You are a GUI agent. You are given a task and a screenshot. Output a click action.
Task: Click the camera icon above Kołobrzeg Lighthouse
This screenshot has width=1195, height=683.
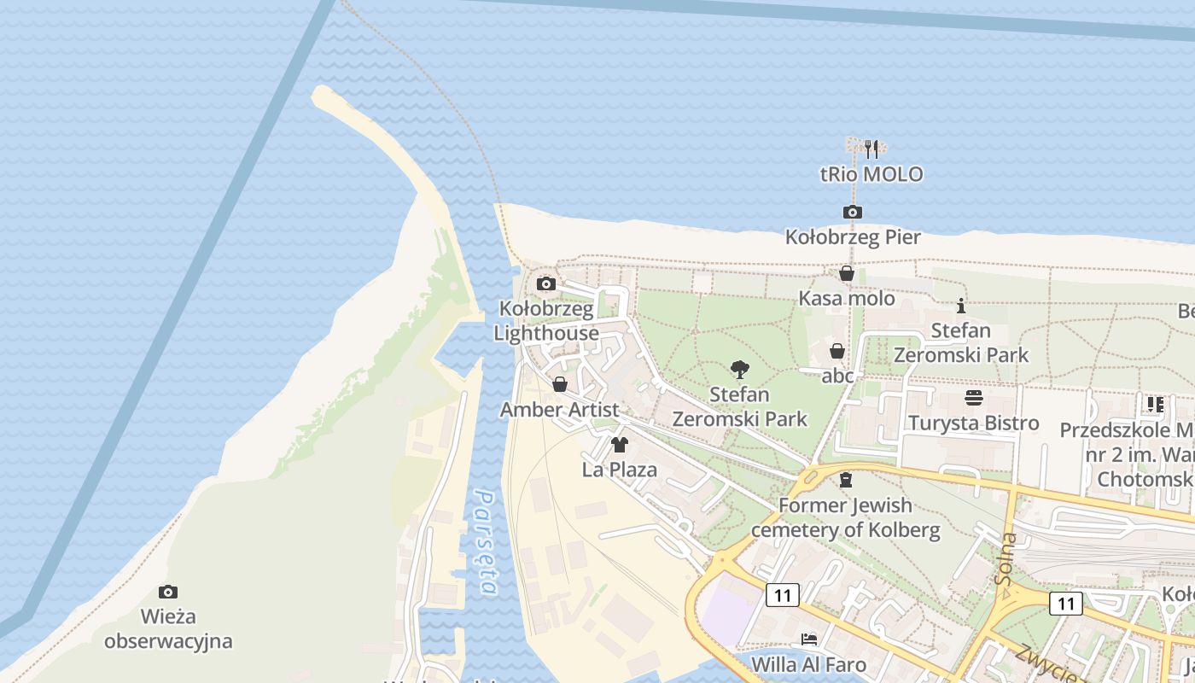(546, 283)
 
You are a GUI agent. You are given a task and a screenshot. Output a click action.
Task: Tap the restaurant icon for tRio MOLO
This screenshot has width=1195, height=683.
(871, 149)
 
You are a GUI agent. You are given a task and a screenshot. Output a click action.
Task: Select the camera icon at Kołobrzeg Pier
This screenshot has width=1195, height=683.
(852, 212)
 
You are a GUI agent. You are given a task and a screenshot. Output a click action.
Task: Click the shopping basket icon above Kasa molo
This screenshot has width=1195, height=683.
(847, 273)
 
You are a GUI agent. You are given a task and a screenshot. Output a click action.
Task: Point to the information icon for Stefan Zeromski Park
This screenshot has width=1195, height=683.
(961, 306)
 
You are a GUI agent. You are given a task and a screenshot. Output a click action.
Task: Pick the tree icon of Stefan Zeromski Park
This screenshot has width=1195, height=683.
(740, 370)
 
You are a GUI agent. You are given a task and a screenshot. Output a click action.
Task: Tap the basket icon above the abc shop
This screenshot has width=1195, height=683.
(837, 351)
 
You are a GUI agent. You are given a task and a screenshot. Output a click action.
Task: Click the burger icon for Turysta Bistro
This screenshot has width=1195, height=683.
(973, 398)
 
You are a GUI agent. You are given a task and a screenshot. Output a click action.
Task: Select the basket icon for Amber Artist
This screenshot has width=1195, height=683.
(560, 384)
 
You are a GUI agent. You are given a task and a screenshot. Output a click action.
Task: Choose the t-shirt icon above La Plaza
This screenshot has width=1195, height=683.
(620, 445)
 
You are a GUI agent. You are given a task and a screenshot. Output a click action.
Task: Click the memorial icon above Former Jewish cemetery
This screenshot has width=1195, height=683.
(846, 480)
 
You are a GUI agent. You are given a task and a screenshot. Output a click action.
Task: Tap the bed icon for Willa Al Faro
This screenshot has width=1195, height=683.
(808, 639)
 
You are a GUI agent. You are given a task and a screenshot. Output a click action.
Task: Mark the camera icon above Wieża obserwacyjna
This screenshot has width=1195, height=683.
(168, 592)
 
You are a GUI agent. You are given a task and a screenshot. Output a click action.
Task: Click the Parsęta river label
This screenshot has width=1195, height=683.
(486, 542)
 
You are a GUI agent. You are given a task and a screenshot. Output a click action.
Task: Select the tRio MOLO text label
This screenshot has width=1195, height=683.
(871, 174)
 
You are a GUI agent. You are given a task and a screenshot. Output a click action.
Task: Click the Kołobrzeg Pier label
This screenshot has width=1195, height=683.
(853, 236)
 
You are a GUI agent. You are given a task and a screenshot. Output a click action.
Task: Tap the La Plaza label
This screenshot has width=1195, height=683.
(620, 470)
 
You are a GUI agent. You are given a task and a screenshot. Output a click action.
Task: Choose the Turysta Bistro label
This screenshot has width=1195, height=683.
(973, 423)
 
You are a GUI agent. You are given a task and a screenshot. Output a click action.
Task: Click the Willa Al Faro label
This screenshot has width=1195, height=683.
(808, 664)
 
